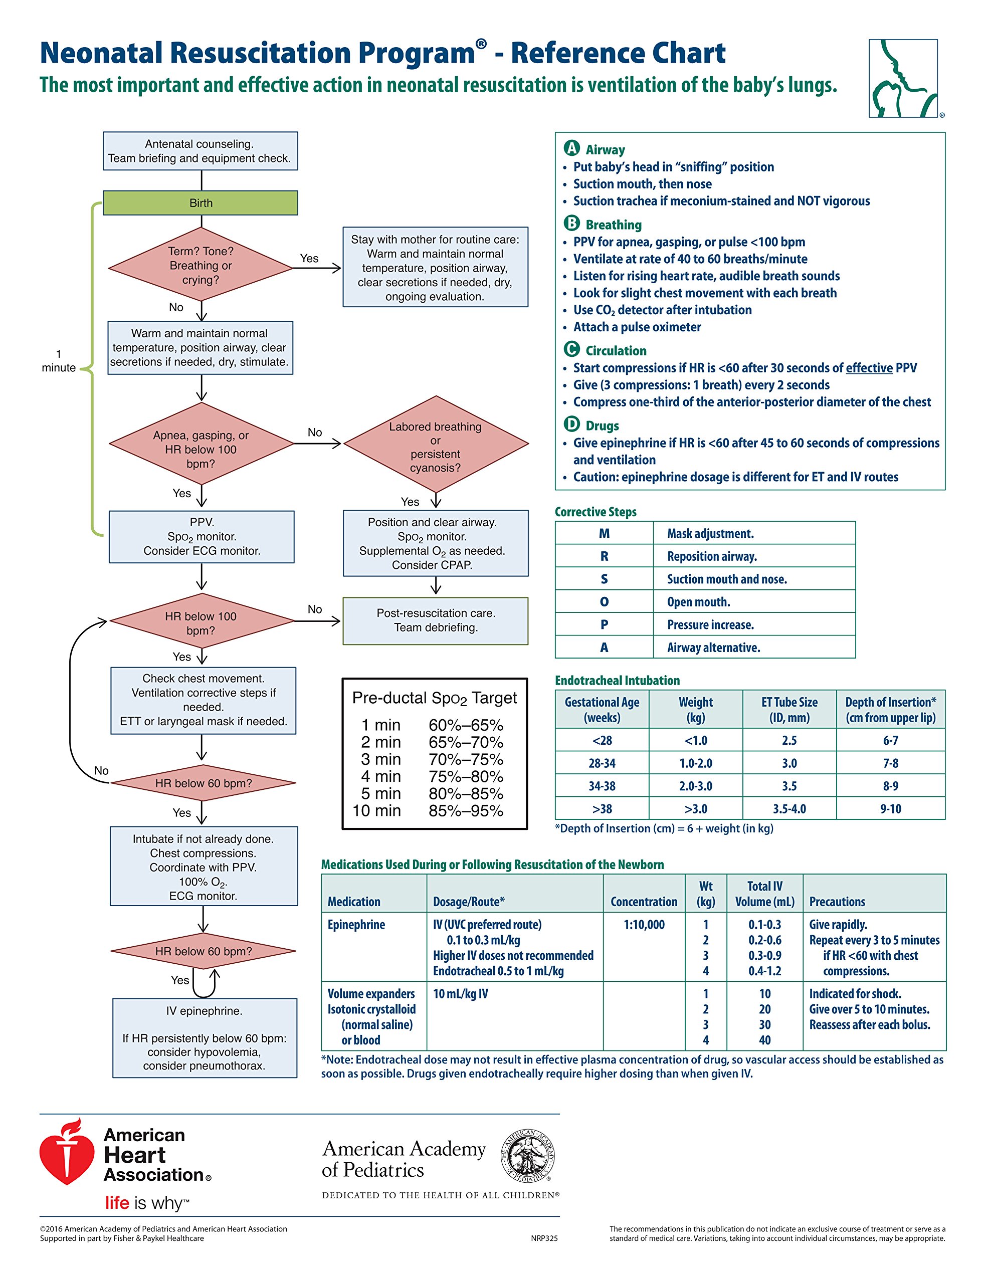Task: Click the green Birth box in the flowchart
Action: pos(201,202)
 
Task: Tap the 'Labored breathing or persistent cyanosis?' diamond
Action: pos(435,447)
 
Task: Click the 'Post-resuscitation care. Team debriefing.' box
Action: pos(435,620)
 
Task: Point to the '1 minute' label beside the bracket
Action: pos(58,361)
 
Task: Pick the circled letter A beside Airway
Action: pos(571,149)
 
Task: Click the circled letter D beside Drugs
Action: pos(571,424)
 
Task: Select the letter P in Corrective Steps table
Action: pos(604,624)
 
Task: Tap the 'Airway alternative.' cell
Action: pos(713,648)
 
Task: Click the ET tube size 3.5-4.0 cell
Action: pos(789,809)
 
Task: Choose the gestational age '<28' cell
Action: pos(602,740)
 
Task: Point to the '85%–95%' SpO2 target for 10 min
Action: pos(465,811)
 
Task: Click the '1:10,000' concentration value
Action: pos(644,925)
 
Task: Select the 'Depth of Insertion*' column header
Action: pos(891,710)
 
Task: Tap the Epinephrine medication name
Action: pos(356,925)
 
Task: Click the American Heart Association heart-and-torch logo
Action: pos(66,1153)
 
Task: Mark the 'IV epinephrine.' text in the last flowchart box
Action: pos(204,1011)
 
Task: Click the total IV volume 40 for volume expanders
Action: pos(764,1040)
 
